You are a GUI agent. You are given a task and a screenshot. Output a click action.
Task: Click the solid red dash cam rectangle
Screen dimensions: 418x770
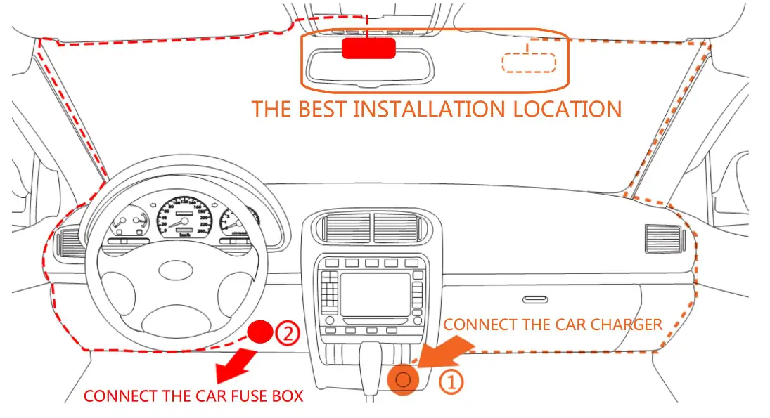[368, 48]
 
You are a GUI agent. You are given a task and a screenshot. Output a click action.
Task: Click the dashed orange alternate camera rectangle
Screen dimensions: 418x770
[529, 62]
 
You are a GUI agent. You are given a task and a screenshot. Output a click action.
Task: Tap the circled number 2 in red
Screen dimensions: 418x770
[288, 332]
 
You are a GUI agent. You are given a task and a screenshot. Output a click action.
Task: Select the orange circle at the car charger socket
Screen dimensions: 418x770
[403, 380]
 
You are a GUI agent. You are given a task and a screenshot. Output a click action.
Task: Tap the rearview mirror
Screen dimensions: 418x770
[370, 68]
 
